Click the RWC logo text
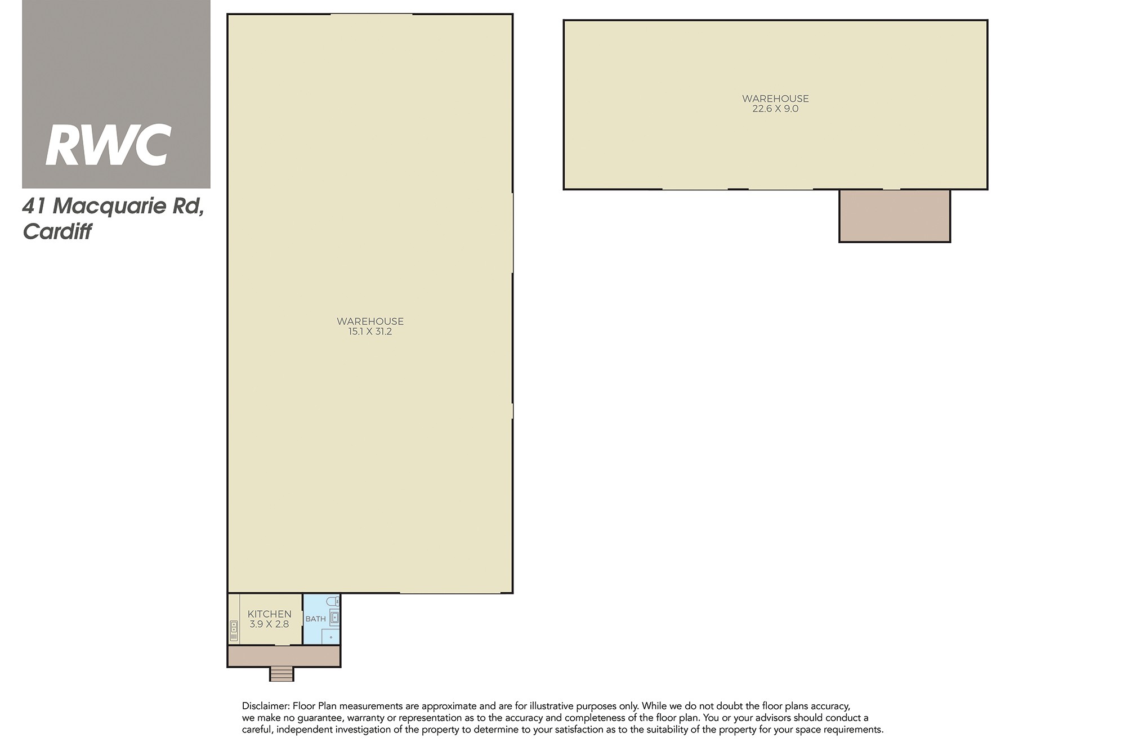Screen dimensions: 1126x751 click(108, 145)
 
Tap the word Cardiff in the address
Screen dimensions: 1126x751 click(57, 232)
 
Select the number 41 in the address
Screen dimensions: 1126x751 click(34, 207)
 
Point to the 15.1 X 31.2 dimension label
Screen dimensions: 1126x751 click(370, 332)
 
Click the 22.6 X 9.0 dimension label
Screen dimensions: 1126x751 click(775, 109)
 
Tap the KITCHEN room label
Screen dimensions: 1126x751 click(270, 614)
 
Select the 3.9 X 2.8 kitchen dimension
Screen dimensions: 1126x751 click(269, 624)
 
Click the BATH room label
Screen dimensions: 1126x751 click(316, 619)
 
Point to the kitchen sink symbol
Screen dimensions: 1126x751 click(234, 631)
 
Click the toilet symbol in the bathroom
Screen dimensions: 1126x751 click(333, 601)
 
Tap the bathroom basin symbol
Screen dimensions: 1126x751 click(334, 618)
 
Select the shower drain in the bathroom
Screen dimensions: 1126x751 click(331, 638)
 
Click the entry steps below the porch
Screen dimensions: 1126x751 click(281, 674)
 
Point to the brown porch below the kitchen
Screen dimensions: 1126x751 click(284, 656)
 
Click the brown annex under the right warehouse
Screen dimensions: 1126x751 click(895, 216)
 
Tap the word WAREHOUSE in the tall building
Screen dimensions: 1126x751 click(370, 321)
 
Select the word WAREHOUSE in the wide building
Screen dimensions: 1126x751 click(775, 99)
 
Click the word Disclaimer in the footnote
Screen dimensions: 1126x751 click(265, 706)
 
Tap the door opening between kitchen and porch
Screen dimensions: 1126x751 click(282, 645)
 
